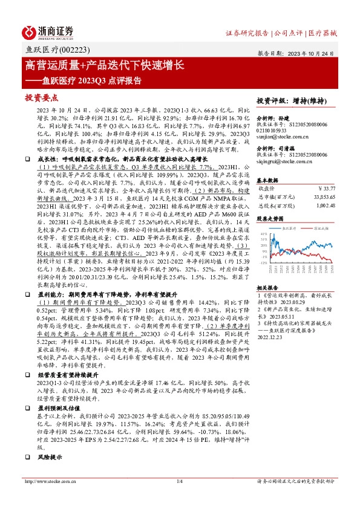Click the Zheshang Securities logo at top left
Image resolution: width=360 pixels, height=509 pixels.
pyautogui.click(x=48, y=31)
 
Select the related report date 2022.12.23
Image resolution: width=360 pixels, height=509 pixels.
pyautogui.click(x=272, y=339)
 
